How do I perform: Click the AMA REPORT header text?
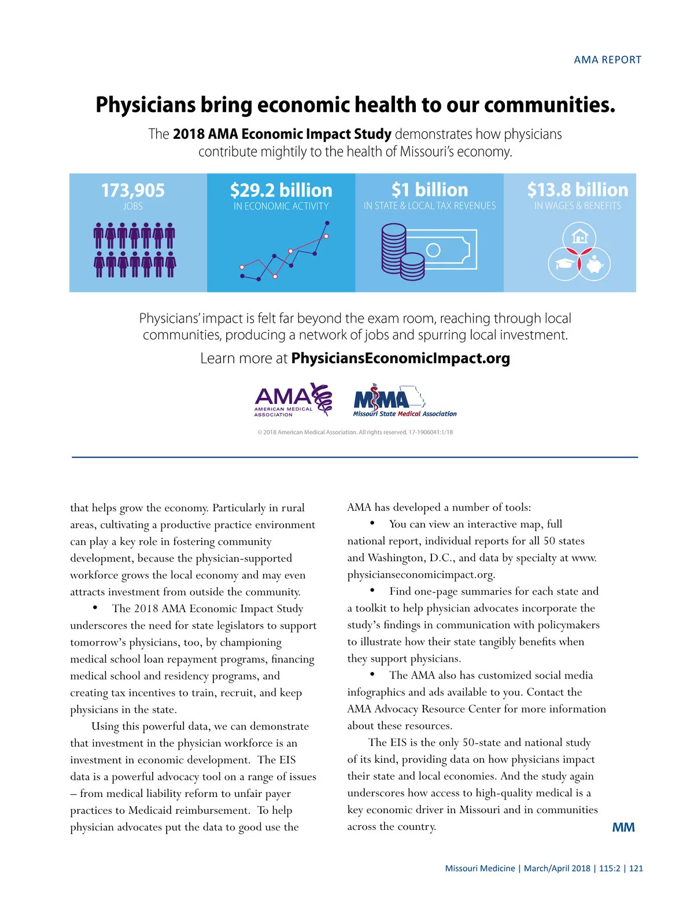607,60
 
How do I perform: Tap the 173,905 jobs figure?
132,190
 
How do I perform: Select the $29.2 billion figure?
281,190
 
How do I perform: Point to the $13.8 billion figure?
577,190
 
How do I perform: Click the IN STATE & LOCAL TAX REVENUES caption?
430,206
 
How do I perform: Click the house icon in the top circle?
579,237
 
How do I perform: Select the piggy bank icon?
595,265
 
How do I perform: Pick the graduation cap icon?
564,264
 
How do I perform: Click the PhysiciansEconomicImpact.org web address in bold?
401,359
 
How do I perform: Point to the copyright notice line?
355,432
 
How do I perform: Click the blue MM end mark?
623,828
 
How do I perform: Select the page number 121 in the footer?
636,868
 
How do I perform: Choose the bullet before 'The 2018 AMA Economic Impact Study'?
95,608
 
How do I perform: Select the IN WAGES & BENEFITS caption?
577,206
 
